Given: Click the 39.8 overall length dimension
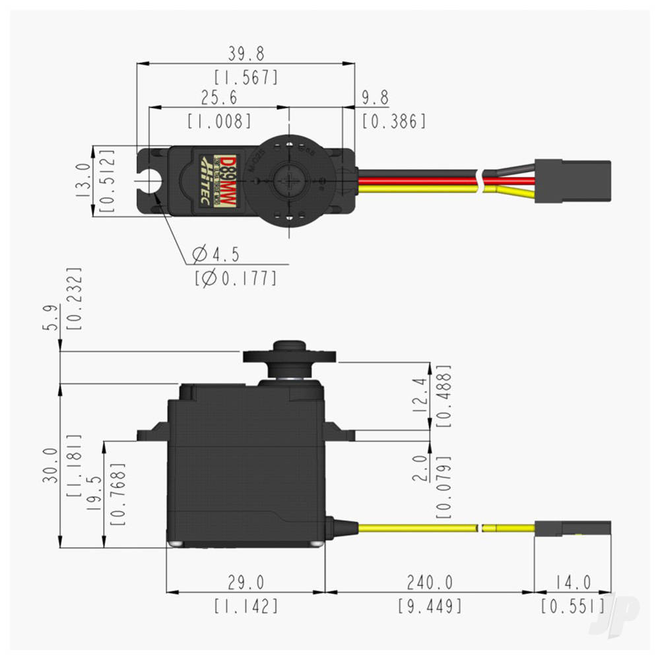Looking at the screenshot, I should [245, 53].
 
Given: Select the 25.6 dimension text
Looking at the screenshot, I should [218, 98].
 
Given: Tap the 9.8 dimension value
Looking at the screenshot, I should [374, 98].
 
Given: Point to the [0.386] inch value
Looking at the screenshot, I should [394, 121].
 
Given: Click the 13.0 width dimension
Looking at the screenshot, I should [83, 181].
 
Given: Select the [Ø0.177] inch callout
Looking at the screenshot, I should [235, 278].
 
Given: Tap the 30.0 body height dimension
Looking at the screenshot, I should [51, 465].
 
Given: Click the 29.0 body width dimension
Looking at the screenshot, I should [245, 582].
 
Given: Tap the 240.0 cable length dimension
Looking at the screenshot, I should [430, 582].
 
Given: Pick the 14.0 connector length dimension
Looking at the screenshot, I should [572, 582].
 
